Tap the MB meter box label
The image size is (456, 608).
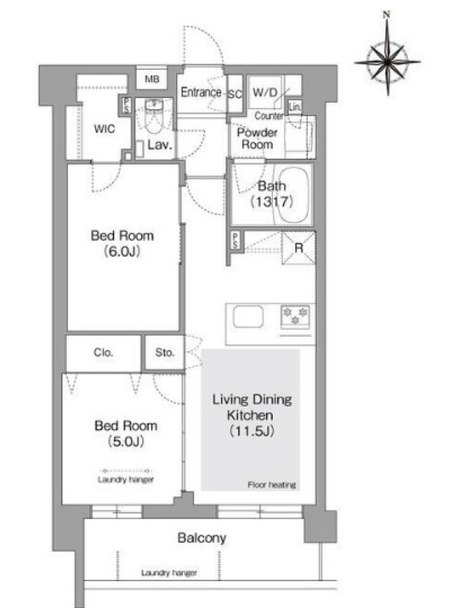point(152,79)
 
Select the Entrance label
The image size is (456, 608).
point(201,92)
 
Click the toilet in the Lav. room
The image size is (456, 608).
point(154,116)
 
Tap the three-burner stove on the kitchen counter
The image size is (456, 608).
point(296,316)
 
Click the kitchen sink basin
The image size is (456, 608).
point(249,316)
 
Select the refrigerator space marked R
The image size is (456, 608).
point(299,248)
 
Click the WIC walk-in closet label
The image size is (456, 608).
point(104,128)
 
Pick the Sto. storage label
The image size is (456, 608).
point(164,353)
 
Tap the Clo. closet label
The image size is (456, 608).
point(103,353)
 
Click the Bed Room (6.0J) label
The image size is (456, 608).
point(122,243)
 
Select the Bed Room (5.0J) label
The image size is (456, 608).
point(126,433)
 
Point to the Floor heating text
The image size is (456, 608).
point(272,485)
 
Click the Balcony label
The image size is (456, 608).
point(201,538)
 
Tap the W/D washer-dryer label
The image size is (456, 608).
point(265,93)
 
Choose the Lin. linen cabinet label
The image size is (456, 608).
point(295,106)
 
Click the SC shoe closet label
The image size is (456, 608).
point(235,94)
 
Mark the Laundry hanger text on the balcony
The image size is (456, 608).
point(169,573)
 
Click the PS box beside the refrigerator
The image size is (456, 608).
point(236,240)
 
